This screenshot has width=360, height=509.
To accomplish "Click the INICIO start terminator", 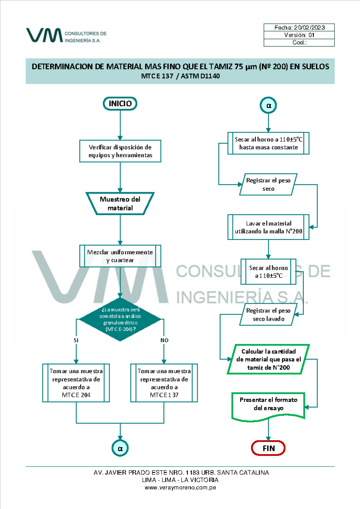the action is [120, 104].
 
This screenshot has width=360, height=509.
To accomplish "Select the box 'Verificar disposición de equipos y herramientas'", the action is [120, 151].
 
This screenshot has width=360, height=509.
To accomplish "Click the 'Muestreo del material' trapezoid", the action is [120, 204].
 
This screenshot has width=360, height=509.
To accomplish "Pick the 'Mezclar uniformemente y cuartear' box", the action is [120, 256].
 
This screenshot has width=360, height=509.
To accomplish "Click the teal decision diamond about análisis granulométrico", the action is [120, 319].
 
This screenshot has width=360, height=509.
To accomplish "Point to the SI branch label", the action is [76, 340].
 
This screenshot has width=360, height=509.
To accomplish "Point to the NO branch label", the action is [164, 340].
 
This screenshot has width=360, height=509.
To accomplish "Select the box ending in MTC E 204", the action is [76, 383].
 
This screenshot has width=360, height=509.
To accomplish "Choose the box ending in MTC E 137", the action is [164, 383].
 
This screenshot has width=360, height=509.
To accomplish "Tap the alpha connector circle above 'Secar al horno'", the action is [268, 105].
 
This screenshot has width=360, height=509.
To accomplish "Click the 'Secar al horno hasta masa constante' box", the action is [268, 143].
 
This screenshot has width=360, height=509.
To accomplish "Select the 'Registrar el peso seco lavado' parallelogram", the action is [268, 315].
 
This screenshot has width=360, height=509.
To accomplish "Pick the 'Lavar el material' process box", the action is [268, 227].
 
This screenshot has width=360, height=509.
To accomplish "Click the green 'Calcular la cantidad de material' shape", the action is [268, 359].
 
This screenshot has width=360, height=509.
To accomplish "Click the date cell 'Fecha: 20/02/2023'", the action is [299, 28].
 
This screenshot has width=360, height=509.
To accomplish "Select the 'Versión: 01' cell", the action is [299, 35].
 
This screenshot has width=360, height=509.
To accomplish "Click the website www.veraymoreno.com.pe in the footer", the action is [180, 487].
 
